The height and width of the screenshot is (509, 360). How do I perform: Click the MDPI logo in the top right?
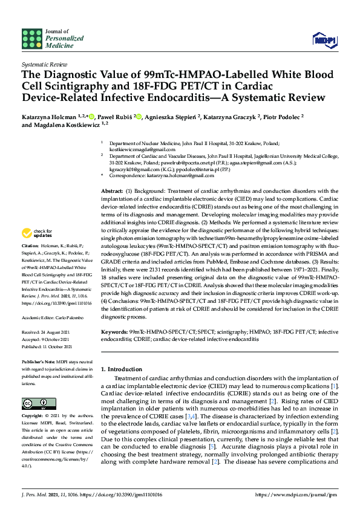click(x=324, y=39)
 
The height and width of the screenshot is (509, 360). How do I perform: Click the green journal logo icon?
click(x=33, y=39)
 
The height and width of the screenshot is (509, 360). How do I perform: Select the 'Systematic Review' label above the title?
click(x=44, y=63)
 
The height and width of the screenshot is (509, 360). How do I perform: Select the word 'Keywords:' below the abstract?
click(x=114, y=332)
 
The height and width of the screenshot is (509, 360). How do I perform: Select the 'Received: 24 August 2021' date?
click(x=46, y=331)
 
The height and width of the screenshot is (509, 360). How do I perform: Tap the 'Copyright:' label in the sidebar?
click(x=31, y=417)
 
